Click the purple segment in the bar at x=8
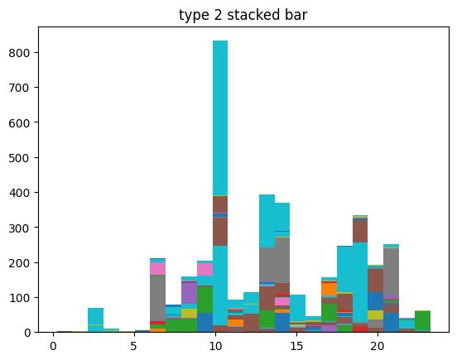tap(189, 293)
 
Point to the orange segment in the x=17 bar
tap(329, 289)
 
